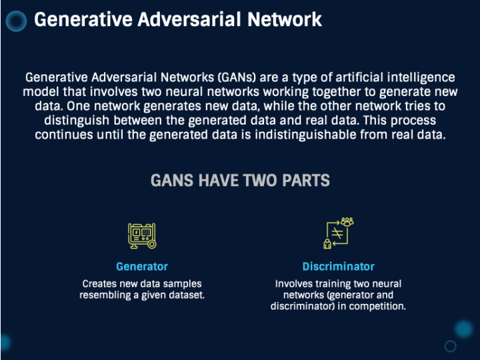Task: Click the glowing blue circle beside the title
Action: pos(16,21)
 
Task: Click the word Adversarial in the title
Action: pos(189,19)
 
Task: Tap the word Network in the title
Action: pos(285,19)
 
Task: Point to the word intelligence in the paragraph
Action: pos(421,78)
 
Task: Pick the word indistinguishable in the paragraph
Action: pos(305,135)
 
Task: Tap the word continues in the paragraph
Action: pos(64,135)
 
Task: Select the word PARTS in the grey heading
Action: pos(306,180)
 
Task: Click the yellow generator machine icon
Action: pos(142,236)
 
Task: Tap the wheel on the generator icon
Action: pos(151,244)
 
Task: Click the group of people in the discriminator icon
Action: pos(347,221)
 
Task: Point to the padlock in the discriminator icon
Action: pos(327,244)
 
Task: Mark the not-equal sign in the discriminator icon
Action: pos(337,233)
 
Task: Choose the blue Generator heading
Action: pos(142,267)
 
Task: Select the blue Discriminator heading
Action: pos(339,267)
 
